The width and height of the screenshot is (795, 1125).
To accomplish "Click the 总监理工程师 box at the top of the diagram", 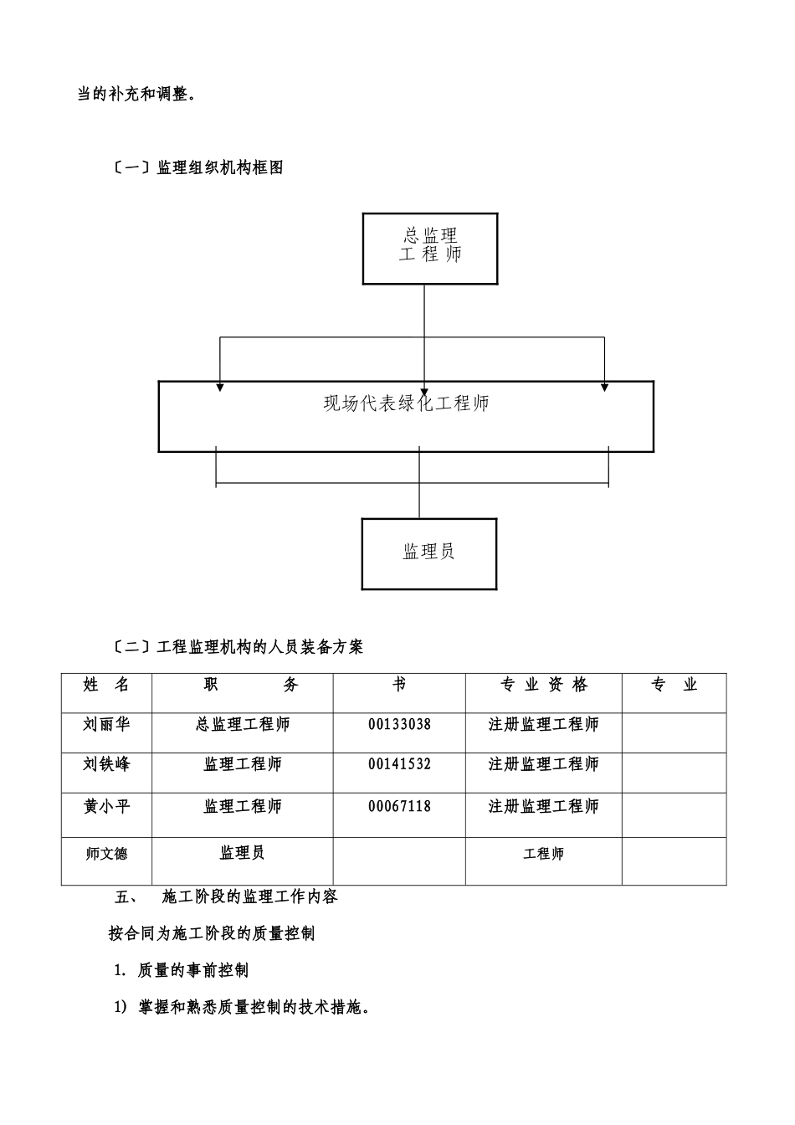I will coord(429,249).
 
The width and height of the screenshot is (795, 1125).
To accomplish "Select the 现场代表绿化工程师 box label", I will coord(406,404).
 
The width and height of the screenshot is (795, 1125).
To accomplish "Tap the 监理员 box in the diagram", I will coord(428,552).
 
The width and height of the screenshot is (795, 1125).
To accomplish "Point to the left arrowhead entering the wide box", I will coord(220,386).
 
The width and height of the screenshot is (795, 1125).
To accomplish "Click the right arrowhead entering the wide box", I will coord(604,386).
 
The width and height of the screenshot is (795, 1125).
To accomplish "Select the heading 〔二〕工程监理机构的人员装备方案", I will coord(238,647).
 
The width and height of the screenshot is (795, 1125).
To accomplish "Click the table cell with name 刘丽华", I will coord(106,725).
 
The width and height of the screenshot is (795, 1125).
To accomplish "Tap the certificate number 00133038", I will coord(399,725).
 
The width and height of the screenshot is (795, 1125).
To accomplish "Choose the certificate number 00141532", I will coord(399,764).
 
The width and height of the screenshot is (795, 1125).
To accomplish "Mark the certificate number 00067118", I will coord(399,806).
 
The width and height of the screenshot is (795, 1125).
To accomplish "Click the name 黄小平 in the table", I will coord(106,806).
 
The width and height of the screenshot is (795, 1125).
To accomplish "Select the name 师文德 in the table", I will coord(106,855).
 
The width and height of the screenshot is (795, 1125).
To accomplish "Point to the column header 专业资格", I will coord(544,686).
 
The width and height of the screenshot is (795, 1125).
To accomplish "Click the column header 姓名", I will coord(106,686).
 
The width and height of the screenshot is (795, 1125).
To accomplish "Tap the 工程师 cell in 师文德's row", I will coord(544,855).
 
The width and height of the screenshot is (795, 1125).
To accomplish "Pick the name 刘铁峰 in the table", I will coord(106,764).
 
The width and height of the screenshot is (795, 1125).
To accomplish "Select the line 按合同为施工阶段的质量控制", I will coord(212,933).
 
